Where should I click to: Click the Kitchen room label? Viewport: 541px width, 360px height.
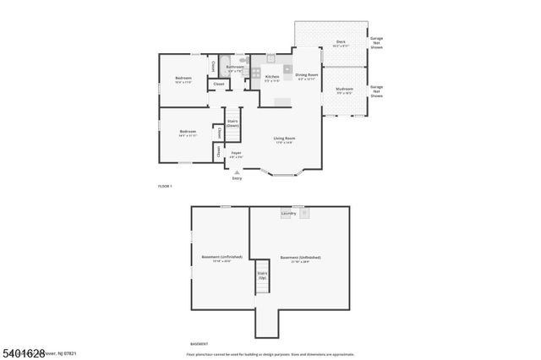click(x=272, y=77)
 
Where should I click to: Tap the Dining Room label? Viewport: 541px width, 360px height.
click(x=307, y=75)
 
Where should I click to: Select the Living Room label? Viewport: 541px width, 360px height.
click(x=283, y=139)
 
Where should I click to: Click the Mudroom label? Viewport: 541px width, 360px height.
click(x=344, y=89)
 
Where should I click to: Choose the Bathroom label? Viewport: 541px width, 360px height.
click(x=234, y=68)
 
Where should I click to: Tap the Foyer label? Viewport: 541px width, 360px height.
click(x=237, y=153)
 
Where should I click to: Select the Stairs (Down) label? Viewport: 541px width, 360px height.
click(x=232, y=123)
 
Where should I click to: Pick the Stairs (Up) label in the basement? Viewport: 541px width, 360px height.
click(x=263, y=275)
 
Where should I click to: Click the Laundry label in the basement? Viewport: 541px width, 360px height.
click(x=287, y=214)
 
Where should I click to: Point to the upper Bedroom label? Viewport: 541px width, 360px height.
click(x=183, y=78)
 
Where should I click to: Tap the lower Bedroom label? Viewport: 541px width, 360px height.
click(x=188, y=131)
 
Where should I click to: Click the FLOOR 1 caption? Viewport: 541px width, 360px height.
click(x=165, y=185)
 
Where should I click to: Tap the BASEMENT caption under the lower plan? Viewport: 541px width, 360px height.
click(x=199, y=344)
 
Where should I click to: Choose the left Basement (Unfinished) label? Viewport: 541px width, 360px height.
click(x=221, y=257)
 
